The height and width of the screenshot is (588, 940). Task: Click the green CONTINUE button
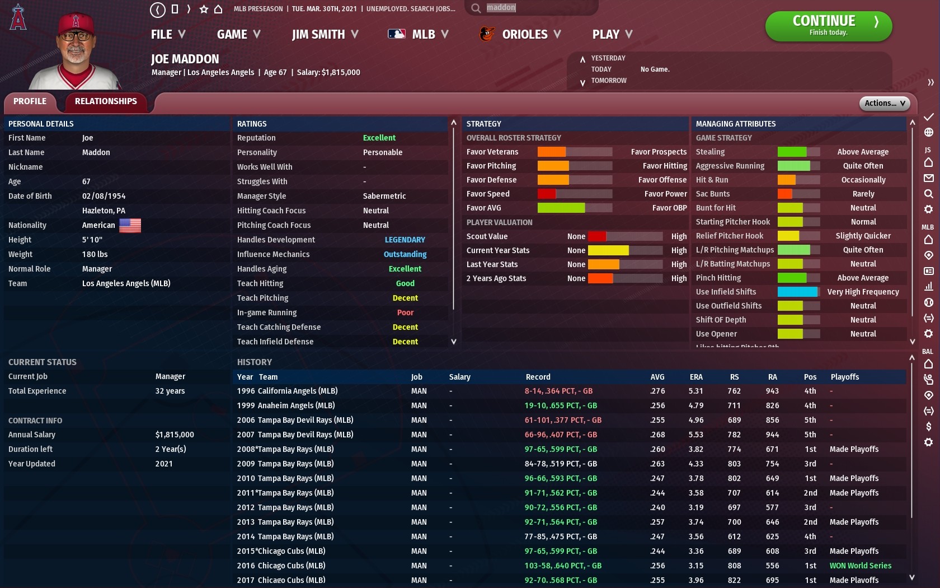tap(828, 26)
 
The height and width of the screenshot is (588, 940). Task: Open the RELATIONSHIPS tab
tap(106, 101)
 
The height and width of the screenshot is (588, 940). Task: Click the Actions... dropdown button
tap(884, 103)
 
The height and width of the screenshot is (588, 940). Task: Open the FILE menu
tap(168, 35)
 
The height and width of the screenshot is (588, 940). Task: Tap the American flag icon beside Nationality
tap(130, 225)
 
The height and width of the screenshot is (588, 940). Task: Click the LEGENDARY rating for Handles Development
tap(405, 240)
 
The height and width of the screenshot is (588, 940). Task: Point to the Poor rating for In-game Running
tap(405, 312)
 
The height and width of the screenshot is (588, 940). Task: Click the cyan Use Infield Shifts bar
tap(797, 292)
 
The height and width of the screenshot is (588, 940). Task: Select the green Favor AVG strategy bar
tap(561, 208)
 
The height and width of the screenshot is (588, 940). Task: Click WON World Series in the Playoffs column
tap(860, 566)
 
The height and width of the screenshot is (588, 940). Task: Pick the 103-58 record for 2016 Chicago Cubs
tap(562, 566)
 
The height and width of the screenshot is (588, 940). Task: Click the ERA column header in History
tap(696, 377)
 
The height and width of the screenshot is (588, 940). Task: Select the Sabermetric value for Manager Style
tap(384, 196)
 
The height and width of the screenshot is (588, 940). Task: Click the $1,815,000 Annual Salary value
tap(175, 435)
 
